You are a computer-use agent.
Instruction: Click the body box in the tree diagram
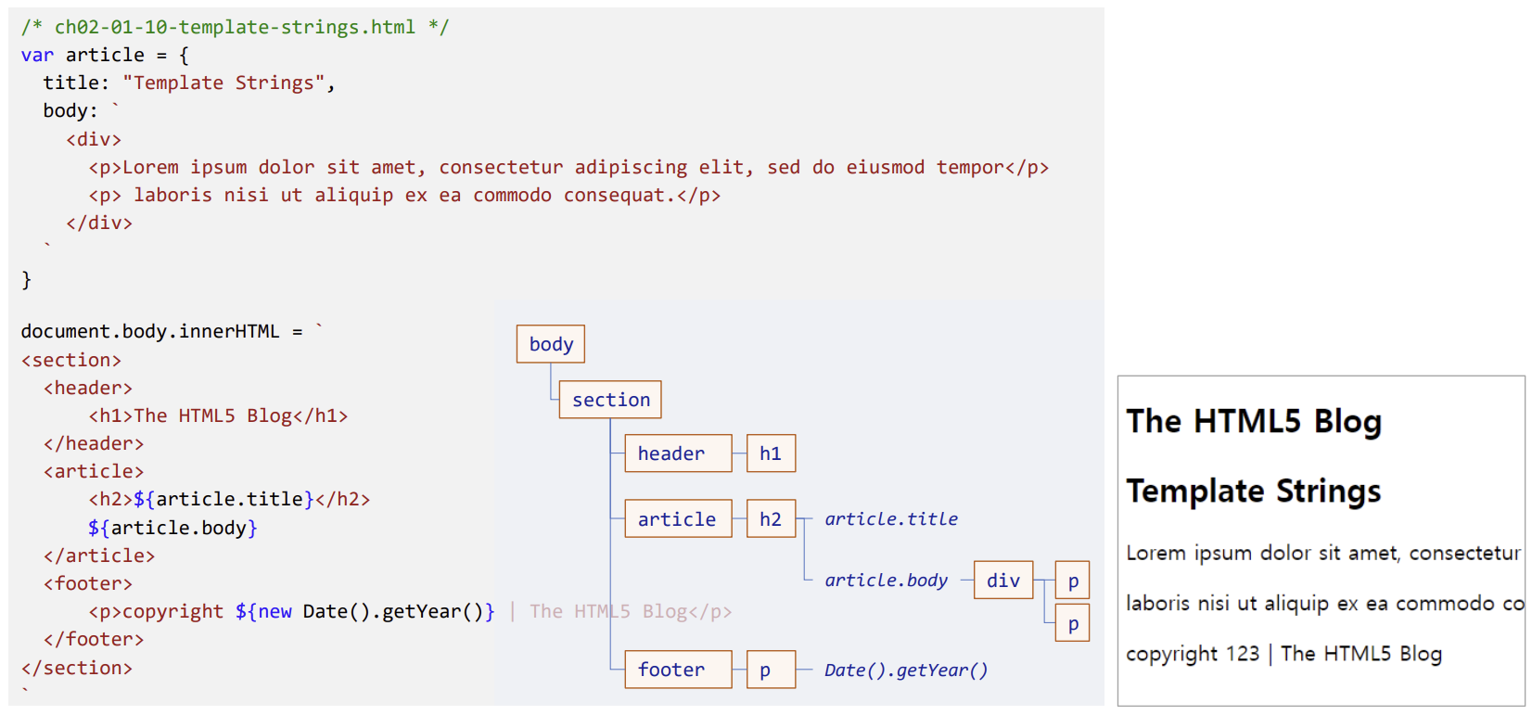tap(551, 344)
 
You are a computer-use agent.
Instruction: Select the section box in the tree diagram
tap(610, 400)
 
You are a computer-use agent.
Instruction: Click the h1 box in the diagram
tap(771, 453)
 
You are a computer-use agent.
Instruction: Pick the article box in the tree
tap(678, 519)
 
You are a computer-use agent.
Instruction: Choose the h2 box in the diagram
tap(771, 519)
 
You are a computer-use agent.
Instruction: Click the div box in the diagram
tap(1003, 581)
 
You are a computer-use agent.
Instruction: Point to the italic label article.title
tap(891, 519)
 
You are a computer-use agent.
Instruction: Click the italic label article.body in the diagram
tap(887, 581)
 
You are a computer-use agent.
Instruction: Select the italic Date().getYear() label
tap(906, 670)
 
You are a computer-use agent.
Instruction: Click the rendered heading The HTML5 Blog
tap(1254, 422)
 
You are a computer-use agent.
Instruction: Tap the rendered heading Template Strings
tap(1254, 491)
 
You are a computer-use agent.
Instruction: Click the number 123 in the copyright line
tap(1243, 654)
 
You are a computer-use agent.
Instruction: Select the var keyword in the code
tap(37, 56)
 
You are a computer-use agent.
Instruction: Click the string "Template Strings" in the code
tap(223, 83)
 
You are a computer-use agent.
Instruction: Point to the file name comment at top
tap(235, 28)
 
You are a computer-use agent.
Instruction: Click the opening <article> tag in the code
tap(94, 472)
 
